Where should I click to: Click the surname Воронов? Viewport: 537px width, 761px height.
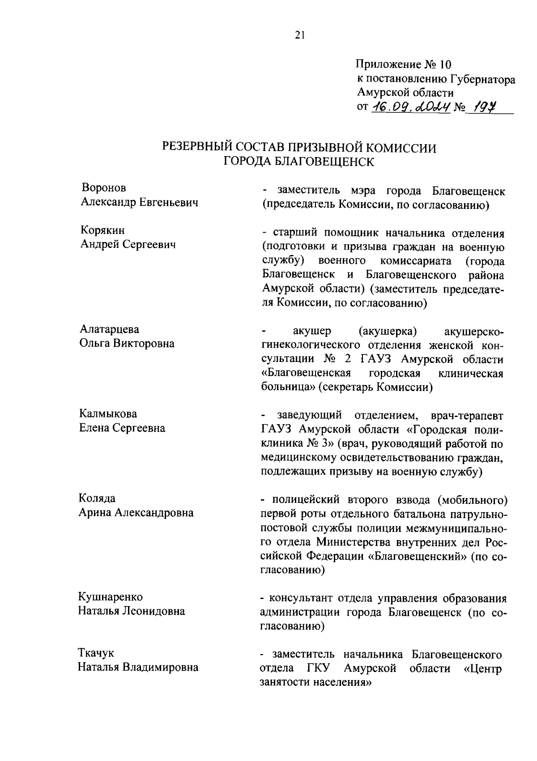(x=104, y=188)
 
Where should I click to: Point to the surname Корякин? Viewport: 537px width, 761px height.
(x=102, y=230)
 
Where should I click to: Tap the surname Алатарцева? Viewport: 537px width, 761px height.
(x=109, y=329)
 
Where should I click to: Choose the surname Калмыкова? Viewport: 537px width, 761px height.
(x=108, y=413)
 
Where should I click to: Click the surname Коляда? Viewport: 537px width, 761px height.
(x=97, y=498)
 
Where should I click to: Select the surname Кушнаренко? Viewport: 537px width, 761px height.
(x=111, y=597)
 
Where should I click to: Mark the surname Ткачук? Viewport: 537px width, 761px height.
(x=96, y=653)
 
